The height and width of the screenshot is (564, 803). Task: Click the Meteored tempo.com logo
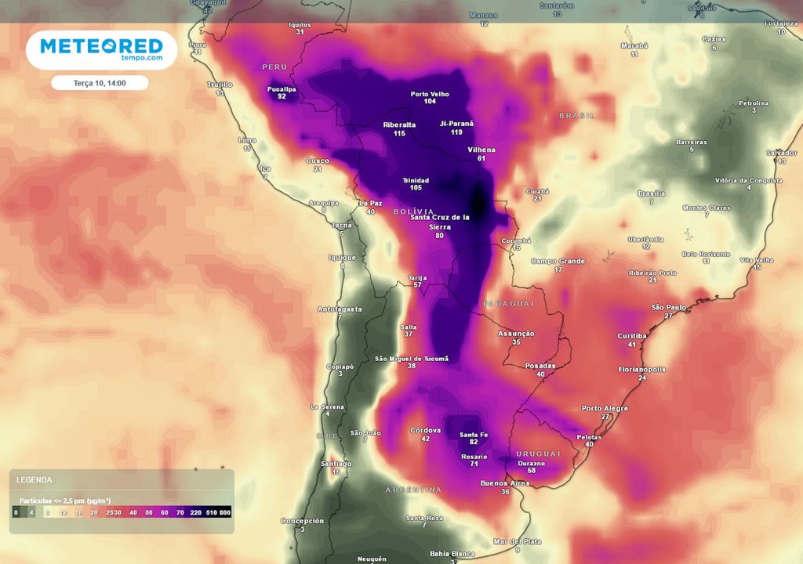coord(101,50)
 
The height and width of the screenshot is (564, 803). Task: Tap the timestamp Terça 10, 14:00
coord(100,83)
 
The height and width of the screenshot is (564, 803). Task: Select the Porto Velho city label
coord(430,94)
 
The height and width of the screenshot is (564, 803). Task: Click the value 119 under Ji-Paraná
coord(456,132)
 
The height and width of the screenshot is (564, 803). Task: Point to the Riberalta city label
coord(399,125)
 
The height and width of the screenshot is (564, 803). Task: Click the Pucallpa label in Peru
coord(282,89)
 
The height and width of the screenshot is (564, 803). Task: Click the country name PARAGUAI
coord(508,303)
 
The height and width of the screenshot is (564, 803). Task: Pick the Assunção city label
coord(516,334)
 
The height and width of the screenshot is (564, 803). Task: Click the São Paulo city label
coord(669,307)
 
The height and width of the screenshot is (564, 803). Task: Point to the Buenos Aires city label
coord(505,483)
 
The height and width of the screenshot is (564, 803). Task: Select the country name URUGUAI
coord(538,454)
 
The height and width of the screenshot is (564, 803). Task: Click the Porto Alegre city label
coord(605,408)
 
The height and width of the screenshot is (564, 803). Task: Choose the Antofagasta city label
coord(339,309)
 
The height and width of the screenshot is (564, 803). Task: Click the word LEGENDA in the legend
coord(35,479)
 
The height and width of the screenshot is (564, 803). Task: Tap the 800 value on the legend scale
coord(225,512)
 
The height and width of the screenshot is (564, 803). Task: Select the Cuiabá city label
coord(537,190)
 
